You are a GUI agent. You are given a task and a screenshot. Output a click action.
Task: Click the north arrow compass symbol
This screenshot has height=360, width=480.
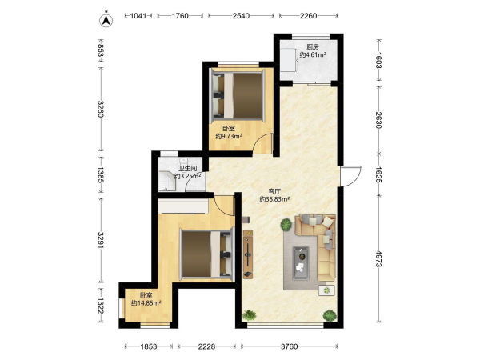[106, 19]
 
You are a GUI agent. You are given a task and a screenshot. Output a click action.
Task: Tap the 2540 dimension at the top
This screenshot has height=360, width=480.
[241, 16]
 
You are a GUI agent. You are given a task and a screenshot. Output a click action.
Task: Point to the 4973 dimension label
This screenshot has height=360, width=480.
[379, 258]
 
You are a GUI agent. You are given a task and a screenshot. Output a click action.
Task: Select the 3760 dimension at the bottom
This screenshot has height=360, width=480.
[290, 346]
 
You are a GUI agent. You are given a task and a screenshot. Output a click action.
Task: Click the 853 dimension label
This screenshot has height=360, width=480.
[101, 50]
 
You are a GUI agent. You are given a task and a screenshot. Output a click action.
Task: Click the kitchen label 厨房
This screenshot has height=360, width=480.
[313, 47]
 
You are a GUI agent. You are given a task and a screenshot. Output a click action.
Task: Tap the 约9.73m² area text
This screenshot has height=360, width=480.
[229, 136]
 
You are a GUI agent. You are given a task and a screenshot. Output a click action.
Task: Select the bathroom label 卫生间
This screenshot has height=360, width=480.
[188, 168]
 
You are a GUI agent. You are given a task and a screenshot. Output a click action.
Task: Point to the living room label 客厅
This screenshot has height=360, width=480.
[274, 192]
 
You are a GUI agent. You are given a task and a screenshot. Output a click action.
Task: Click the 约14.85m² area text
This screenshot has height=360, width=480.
[146, 303]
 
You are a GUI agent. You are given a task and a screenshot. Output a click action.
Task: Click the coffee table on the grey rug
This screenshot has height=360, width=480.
[301, 263]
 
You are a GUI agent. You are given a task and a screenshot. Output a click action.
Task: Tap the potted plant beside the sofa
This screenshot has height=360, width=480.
[286, 225]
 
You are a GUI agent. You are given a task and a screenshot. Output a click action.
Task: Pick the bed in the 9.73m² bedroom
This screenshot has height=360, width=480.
[237, 95]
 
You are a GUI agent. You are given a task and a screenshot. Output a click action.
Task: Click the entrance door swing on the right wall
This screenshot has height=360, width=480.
[351, 176]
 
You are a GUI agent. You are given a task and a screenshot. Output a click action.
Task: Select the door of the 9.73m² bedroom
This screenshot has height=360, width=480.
[262, 142]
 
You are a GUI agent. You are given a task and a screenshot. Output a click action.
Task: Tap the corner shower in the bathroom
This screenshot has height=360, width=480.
[166, 181]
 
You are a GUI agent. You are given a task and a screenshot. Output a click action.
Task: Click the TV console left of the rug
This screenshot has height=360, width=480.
[248, 254]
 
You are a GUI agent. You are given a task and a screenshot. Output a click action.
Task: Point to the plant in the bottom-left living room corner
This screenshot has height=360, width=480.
[249, 315]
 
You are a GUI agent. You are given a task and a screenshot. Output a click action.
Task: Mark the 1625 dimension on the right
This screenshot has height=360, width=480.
[379, 174]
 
